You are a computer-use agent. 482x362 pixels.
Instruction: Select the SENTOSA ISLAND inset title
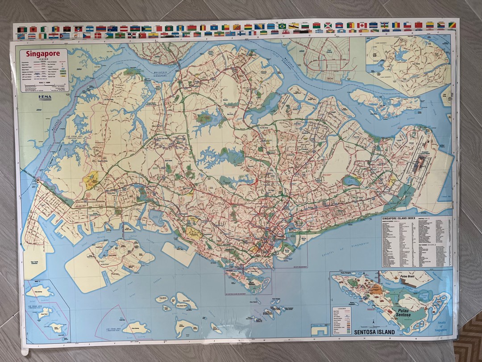click(374, 332)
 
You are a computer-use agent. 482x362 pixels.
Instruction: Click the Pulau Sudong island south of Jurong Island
click(137, 328)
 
